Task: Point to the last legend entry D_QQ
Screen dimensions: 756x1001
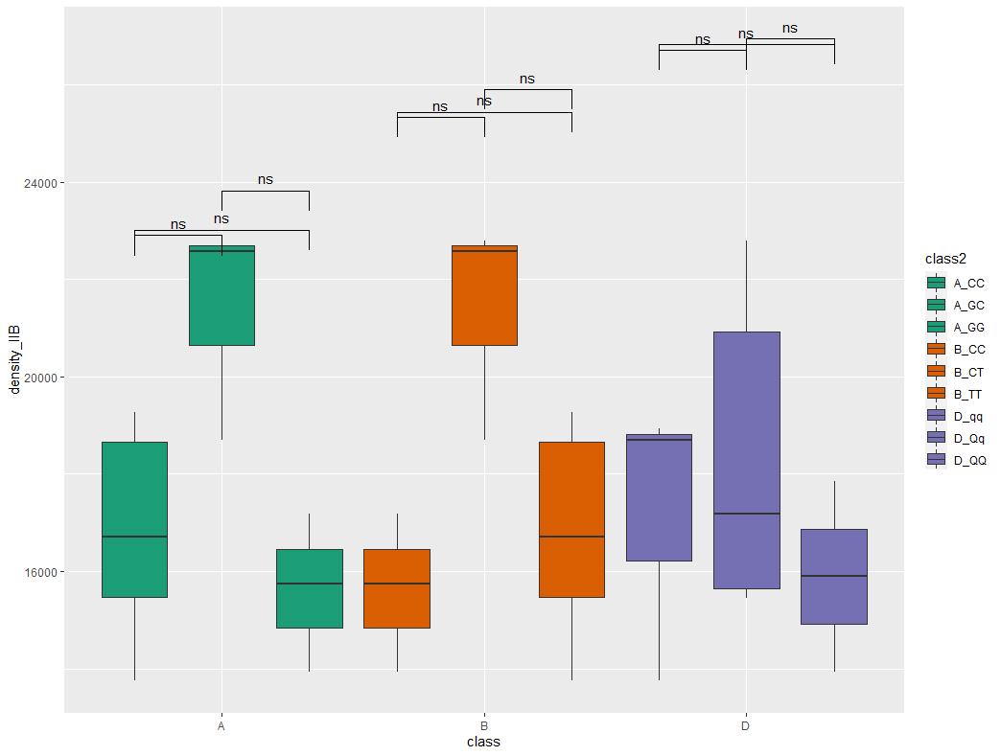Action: (968, 460)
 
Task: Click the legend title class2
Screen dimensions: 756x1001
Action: (947, 259)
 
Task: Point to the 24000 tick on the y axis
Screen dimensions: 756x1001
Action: (40, 183)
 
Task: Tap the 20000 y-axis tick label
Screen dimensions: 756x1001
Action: (40, 378)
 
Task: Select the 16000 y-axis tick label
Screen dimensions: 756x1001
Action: (40, 572)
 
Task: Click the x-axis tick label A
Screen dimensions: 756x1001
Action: (221, 726)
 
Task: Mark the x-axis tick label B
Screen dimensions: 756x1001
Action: (483, 726)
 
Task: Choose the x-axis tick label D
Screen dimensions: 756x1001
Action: (745, 726)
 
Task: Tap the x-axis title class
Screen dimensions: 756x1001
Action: (483, 743)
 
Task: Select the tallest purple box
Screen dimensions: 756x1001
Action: (746, 460)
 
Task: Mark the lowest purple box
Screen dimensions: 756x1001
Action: (833, 576)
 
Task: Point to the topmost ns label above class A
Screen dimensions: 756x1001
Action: (265, 179)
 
